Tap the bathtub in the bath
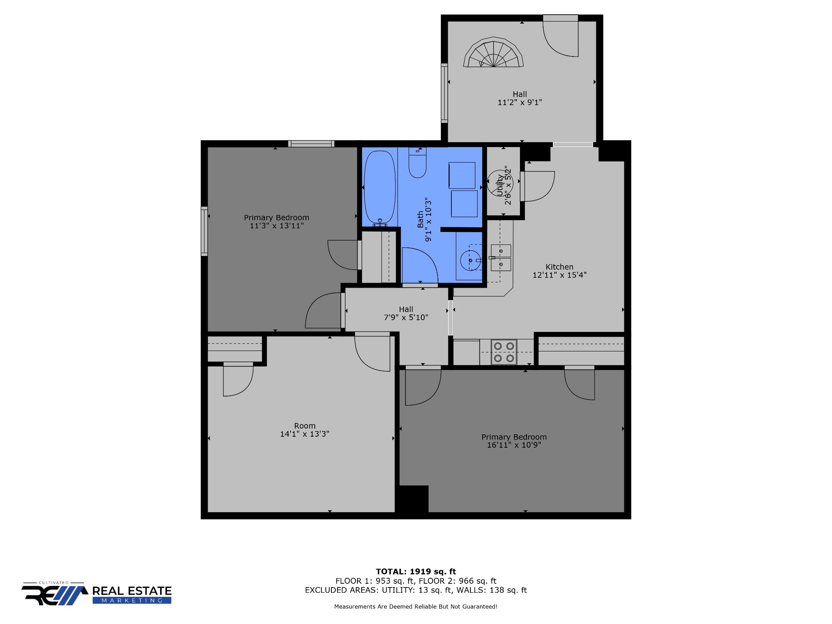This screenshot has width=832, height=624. click(x=380, y=188)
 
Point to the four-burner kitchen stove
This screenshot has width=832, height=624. click(x=504, y=352)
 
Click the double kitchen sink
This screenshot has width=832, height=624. click(x=500, y=258)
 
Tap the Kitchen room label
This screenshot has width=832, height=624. click(x=559, y=267)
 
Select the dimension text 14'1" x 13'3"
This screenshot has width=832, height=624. click(x=305, y=434)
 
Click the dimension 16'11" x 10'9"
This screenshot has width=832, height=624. click(x=514, y=445)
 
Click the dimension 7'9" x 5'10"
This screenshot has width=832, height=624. click(x=406, y=317)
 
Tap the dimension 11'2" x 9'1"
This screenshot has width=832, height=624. click(x=520, y=102)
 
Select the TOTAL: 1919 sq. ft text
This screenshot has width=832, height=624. click(x=416, y=572)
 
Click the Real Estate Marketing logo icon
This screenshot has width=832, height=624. click(x=55, y=594)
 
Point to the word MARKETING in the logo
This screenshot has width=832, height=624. click(x=132, y=600)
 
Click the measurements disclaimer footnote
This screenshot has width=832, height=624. click(x=416, y=607)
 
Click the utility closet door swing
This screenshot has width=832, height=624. click(x=538, y=186)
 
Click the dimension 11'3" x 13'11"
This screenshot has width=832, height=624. click(x=276, y=225)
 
